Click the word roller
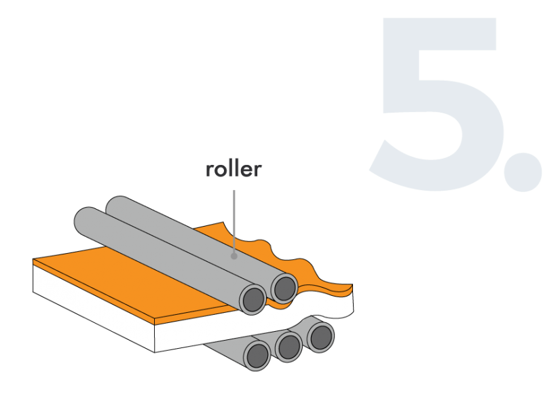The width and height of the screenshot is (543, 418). pos(233,170)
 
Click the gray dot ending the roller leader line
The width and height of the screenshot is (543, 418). pos(233,256)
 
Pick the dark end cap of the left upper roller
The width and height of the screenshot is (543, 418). pos(253,299)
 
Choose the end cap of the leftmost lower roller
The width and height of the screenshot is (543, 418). pos(257,355)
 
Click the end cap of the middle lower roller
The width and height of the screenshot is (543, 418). pos(289,346)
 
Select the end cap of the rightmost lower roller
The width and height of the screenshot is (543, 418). pos(320,337)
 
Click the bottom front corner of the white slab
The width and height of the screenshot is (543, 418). pos(155,351)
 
